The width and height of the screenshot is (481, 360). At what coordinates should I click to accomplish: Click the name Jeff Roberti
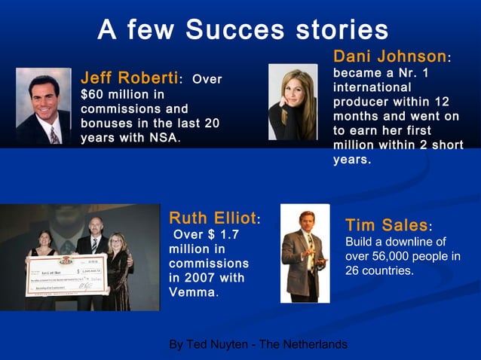click(130, 78)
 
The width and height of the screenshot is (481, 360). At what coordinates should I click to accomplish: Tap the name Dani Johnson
click(389, 56)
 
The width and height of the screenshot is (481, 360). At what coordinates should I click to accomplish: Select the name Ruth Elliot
click(213, 218)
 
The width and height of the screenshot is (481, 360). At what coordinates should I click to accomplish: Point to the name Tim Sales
click(386, 225)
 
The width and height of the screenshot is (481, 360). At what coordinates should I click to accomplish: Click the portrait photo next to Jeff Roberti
click(44, 106)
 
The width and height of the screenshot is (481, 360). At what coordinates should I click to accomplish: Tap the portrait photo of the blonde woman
click(293, 102)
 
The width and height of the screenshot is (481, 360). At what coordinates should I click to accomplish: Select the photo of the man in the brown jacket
click(305, 253)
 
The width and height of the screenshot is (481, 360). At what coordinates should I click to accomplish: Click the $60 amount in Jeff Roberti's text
click(93, 94)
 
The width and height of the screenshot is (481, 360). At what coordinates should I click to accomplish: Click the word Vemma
click(191, 292)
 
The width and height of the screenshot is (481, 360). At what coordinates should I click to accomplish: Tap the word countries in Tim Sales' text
click(388, 270)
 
